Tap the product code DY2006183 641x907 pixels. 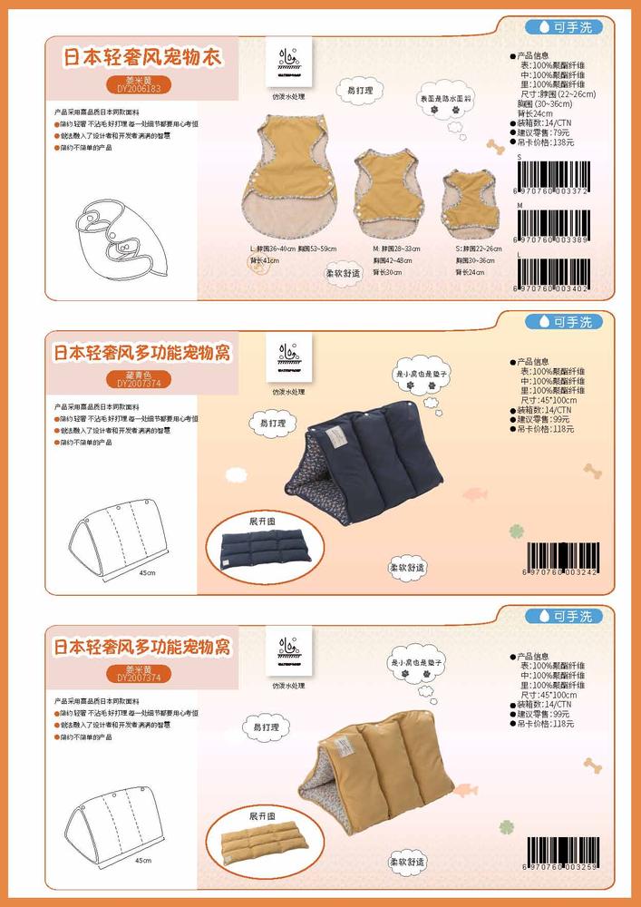(139, 89)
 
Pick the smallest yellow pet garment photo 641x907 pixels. (471, 197)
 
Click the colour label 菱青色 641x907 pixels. (139, 375)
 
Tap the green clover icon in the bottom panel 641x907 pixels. (508, 827)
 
